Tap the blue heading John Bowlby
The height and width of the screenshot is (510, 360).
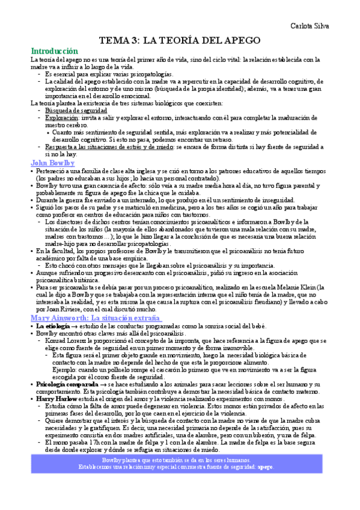(51, 162)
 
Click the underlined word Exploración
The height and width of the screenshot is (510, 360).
(61, 118)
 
